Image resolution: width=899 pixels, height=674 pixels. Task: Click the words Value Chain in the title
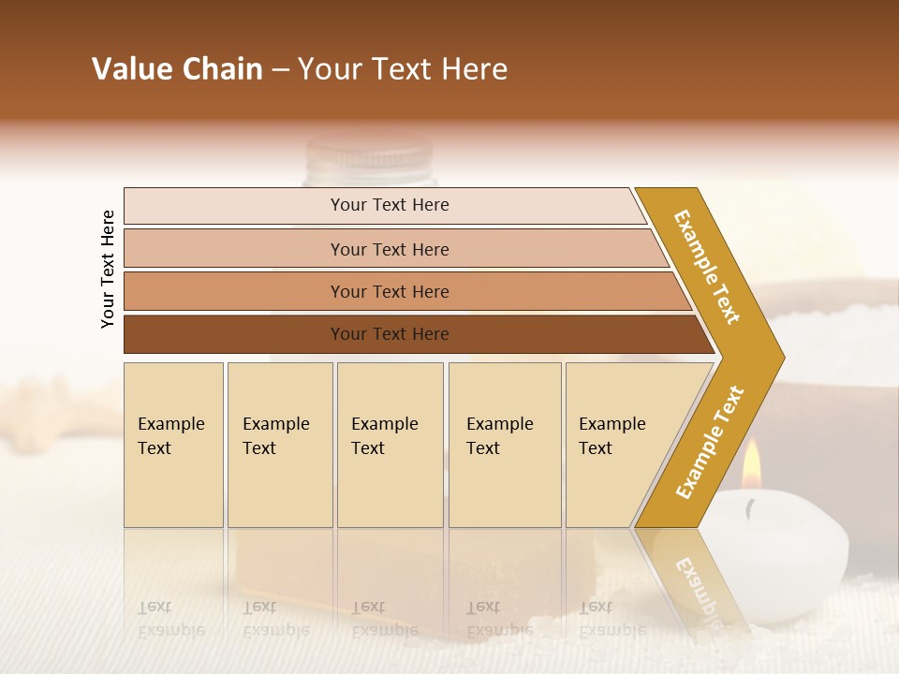[177, 69]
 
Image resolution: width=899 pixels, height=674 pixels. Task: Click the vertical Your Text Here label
[108, 269]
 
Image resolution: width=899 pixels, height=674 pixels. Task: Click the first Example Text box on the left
[173, 445]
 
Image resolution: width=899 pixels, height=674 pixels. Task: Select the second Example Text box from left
[279, 445]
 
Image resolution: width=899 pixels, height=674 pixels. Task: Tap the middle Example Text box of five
[390, 445]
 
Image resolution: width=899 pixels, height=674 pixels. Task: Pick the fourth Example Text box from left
[505, 445]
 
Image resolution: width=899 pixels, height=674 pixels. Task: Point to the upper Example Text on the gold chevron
[707, 267]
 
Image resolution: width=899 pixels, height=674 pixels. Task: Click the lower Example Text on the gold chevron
[710, 442]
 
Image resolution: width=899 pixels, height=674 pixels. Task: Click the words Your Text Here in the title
[403, 69]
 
